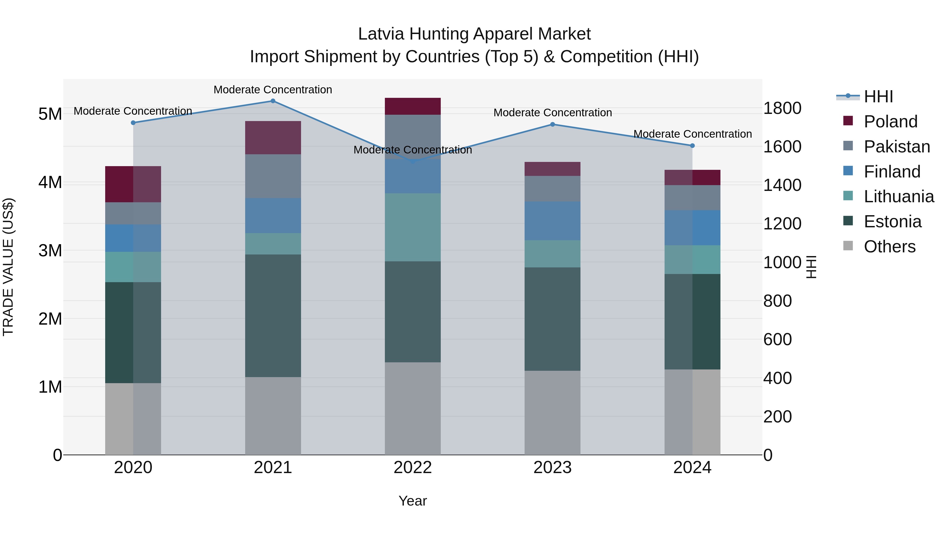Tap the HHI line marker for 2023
[552, 124]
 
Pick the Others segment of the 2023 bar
[552, 412]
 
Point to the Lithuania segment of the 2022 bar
[413, 227]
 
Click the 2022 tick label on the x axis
[413, 468]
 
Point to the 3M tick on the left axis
[50, 251]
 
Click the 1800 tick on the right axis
[782, 108]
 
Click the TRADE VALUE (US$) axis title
[8, 267]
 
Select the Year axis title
[413, 501]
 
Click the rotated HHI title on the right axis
[811, 267]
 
